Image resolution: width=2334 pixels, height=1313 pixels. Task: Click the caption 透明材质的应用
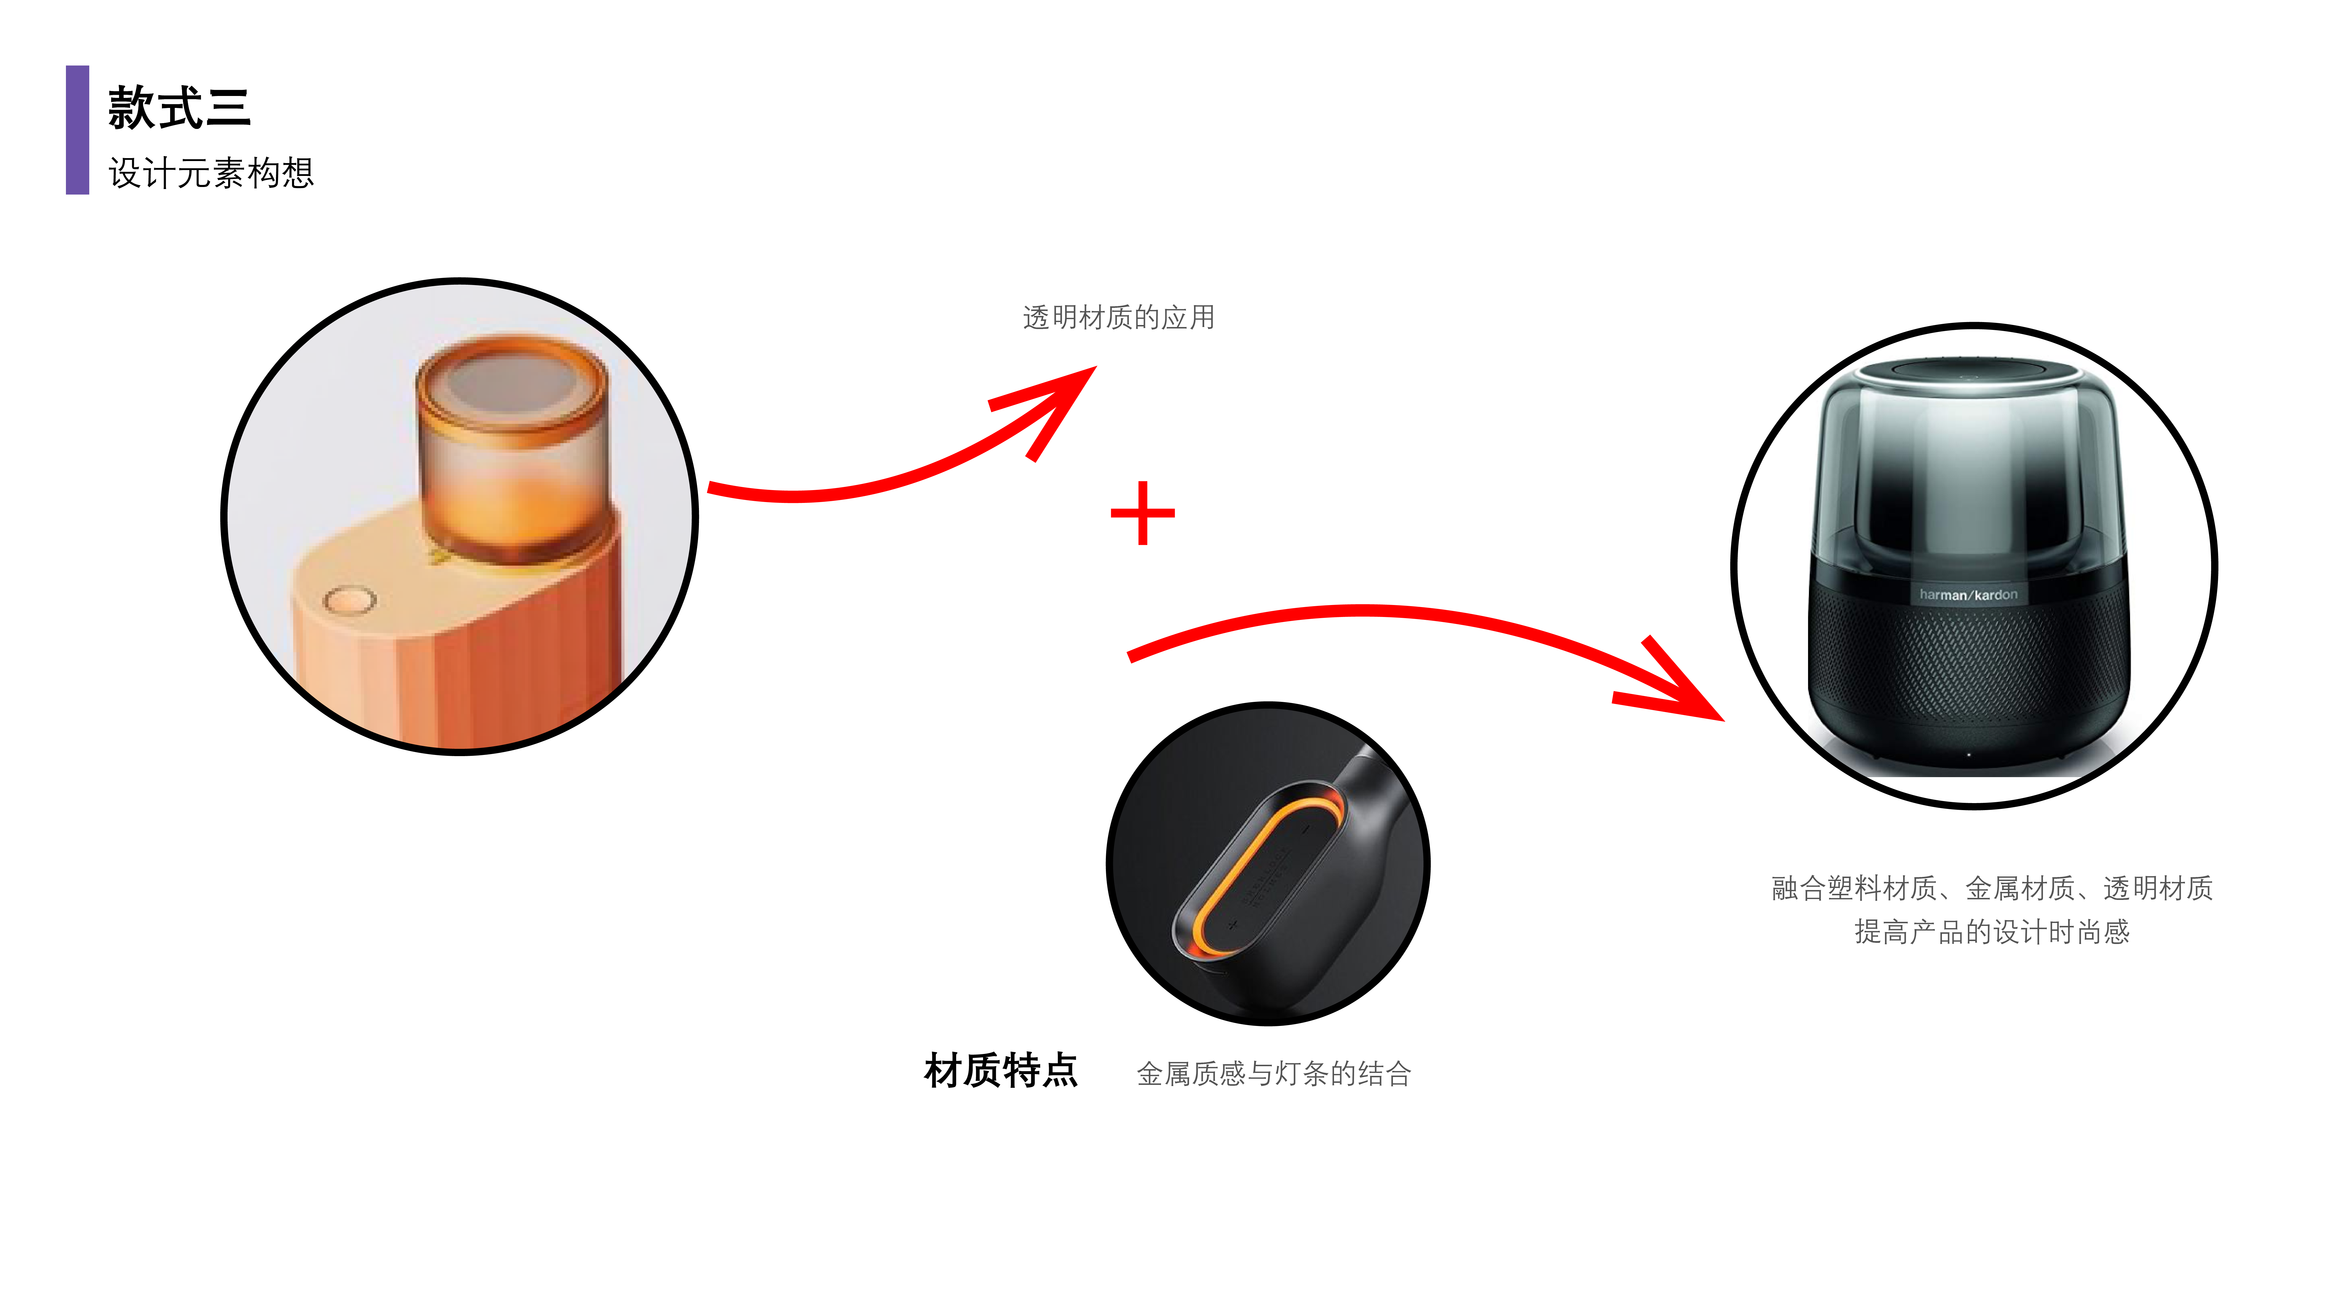[x=1118, y=317]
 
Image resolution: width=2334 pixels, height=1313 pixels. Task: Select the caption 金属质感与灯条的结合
[x=1273, y=1074]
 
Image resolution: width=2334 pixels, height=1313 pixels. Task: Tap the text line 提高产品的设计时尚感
[x=1992, y=931]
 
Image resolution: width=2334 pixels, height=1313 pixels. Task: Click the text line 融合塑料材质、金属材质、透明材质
[x=1992, y=888]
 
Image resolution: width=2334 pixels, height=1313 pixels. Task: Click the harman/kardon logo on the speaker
[x=1968, y=595]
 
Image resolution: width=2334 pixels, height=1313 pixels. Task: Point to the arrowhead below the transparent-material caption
[x=1060, y=399]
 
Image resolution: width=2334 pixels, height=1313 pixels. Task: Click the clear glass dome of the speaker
[x=1968, y=471]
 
